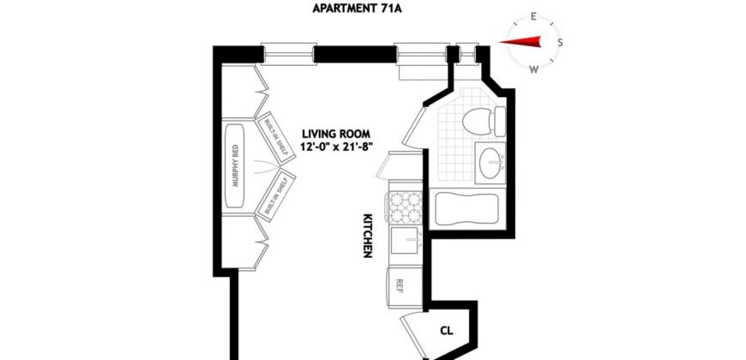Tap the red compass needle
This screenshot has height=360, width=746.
coord(522,41)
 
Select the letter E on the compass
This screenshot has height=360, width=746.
coord(533,16)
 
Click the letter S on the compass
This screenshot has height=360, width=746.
coord(560,42)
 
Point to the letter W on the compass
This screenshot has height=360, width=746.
coord(534,68)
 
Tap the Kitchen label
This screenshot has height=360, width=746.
coord(367,236)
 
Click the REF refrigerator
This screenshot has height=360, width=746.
coord(400,284)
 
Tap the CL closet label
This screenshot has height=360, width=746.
coord(446,329)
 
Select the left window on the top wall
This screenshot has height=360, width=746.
coord(286,53)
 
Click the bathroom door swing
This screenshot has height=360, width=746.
coord(412,124)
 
